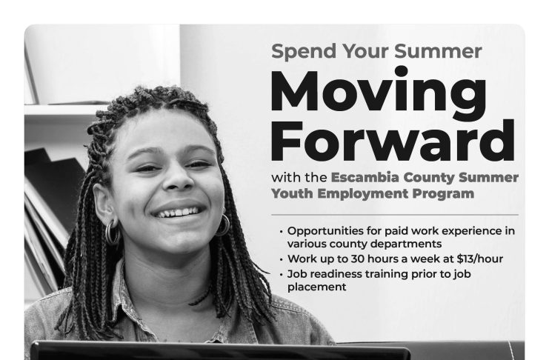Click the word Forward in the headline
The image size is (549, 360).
pos(393,141)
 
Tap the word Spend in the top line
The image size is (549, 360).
pos(304,52)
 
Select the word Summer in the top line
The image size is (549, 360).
pos(438,51)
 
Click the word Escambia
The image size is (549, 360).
pos(365,177)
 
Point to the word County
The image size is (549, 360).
pos(429,179)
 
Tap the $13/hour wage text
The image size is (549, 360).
pos(479,259)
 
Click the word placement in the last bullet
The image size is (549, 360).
pos(316,287)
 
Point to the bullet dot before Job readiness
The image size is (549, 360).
pos(281,274)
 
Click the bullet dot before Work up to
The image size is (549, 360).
pos(281,259)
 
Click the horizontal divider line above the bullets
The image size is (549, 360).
pos(395,214)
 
